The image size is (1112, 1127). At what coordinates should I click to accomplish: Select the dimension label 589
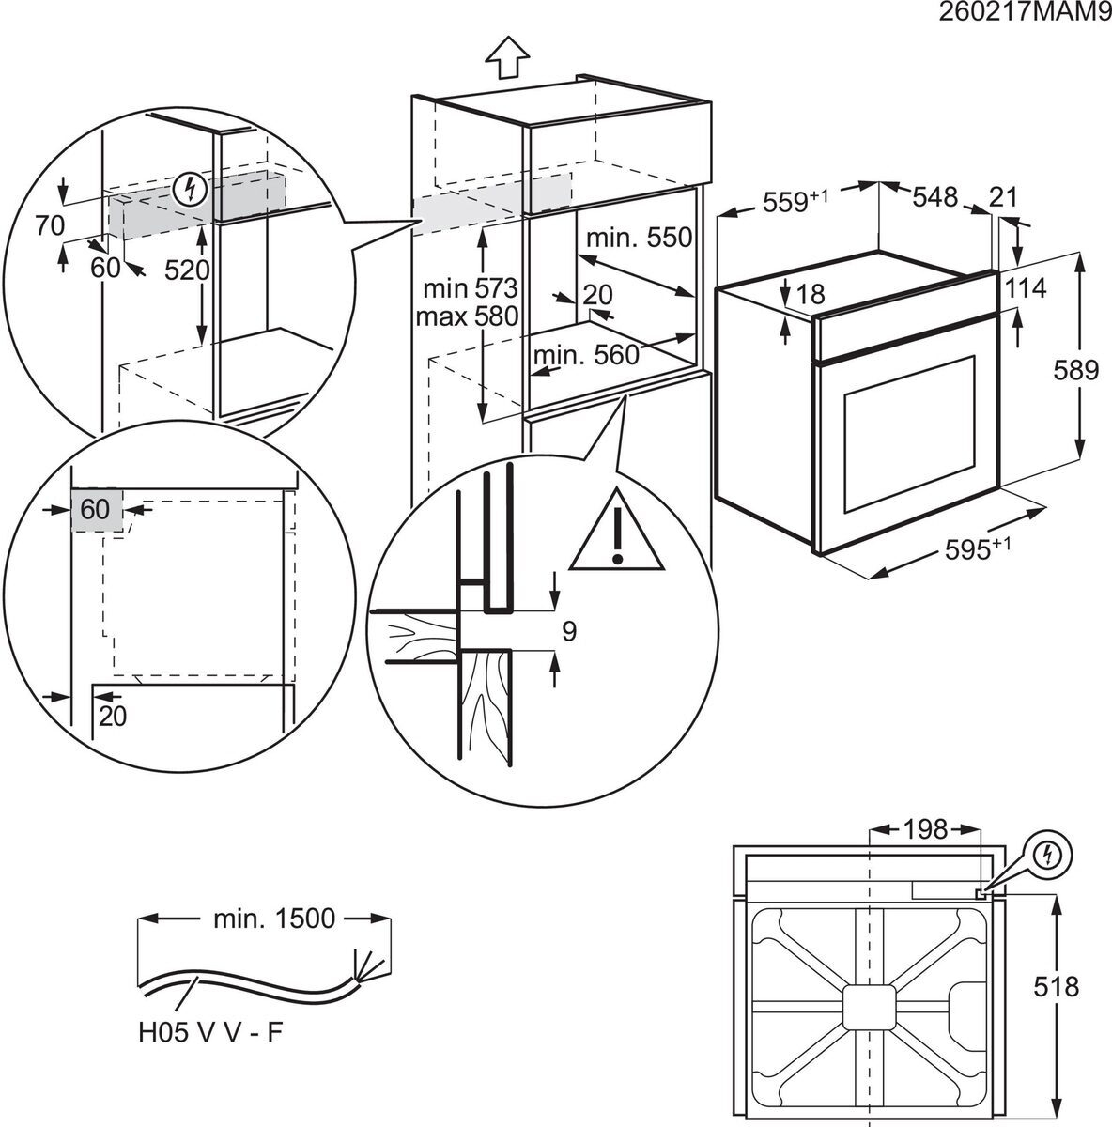pyautogui.click(x=1075, y=370)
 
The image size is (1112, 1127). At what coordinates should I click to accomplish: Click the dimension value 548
pyautogui.click(x=934, y=197)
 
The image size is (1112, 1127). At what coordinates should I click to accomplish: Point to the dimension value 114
pyautogui.click(x=1025, y=288)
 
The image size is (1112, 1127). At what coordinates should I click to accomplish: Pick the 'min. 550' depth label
pyautogui.click(x=639, y=238)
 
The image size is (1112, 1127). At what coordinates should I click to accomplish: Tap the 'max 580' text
pyautogui.click(x=468, y=316)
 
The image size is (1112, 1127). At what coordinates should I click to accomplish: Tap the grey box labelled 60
pyautogui.click(x=96, y=510)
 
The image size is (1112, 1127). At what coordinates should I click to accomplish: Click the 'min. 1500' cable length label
pyautogui.click(x=273, y=918)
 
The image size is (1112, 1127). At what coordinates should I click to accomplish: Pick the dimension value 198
pyautogui.click(x=926, y=829)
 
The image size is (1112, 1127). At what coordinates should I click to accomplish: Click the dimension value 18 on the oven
pyautogui.click(x=809, y=295)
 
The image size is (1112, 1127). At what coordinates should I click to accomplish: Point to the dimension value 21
pyautogui.click(x=1005, y=197)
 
